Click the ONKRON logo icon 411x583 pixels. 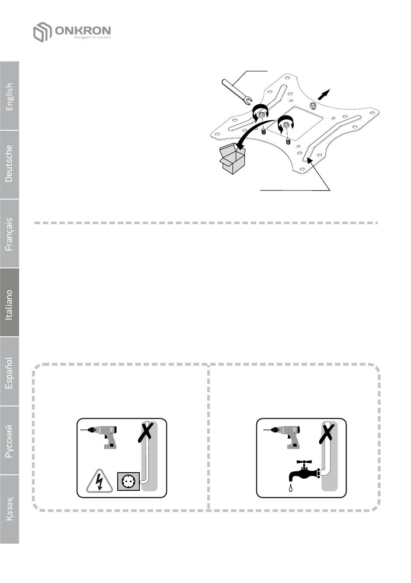pyautogui.click(x=42, y=32)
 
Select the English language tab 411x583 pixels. pyautogui.click(x=10, y=96)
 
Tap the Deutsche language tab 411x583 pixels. pyautogui.click(x=10, y=164)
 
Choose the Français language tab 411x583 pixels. pyautogui.click(x=10, y=233)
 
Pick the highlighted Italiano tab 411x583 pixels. pyautogui.click(x=10, y=302)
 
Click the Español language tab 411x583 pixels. pyautogui.click(x=10, y=371)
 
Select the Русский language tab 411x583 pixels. pyautogui.click(x=10, y=440)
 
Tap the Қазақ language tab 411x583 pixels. pyautogui.click(x=10, y=509)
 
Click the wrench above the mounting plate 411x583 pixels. pyautogui.click(x=237, y=92)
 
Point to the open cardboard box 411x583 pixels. pyautogui.click(x=232, y=159)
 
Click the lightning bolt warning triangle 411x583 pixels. pyautogui.click(x=100, y=481)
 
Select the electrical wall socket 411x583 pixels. pyautogui.click(x=128, y=481)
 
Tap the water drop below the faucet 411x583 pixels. pyautogui.click(x=291, y=487)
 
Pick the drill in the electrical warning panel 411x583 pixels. pyautogui.click(x=100, y=437)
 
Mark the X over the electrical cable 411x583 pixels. pyautogui.click(x=146, y=432)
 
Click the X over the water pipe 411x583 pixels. pyautogui.click(x=327, y=432)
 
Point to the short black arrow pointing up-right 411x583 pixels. pyautogui.click(x=324, y=94)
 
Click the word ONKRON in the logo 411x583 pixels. pyautogui.click(x=83, y=31)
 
